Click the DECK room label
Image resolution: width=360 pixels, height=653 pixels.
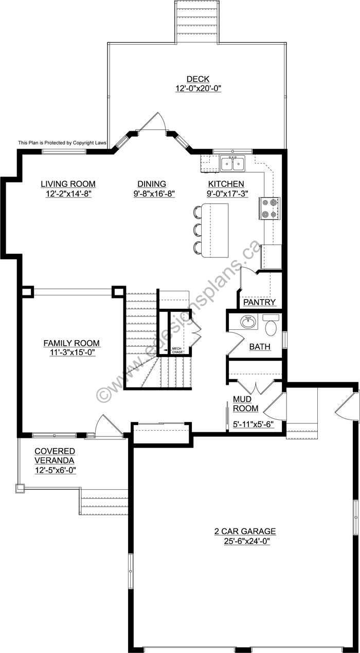coord(198,79)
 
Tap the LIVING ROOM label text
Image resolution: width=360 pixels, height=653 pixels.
coord(68,184)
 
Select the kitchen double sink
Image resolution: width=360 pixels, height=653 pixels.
coord(232,163)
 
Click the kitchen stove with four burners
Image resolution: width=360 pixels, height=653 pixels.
coord(269,208)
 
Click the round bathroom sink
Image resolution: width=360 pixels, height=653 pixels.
coord(248,322)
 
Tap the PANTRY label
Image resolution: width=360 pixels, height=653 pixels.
coord(259,302)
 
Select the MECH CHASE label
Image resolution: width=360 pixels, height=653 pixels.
coord(177,350)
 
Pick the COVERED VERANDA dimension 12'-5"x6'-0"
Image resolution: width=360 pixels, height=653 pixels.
coord(56,470)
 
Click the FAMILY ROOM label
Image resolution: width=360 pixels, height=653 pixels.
coord(71,343)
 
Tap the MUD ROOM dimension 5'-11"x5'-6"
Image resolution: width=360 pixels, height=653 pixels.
coord(254,424)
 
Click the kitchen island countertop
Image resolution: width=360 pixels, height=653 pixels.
coord(215,231)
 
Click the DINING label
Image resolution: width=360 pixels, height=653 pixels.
coord(152,184)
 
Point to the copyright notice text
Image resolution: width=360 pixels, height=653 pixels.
coord(62,143)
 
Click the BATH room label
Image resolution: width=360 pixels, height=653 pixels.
coord(260,347)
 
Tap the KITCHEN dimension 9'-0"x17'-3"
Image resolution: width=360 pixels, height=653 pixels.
coord(227,193)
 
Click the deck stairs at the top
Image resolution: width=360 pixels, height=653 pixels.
coord(197,22)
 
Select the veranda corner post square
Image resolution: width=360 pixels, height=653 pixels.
coord(20,488)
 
